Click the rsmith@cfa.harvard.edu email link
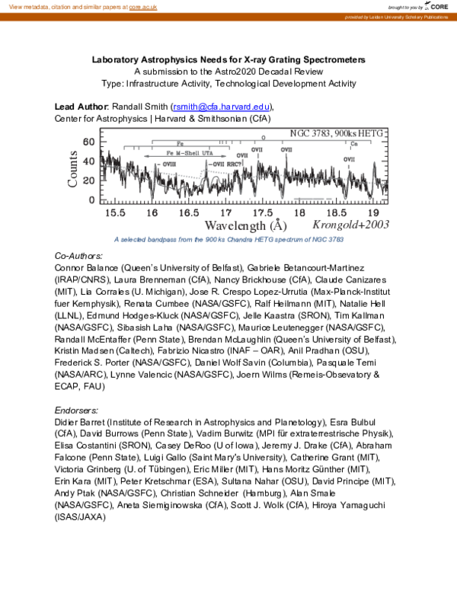pos(222,107)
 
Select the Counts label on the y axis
pos(74,169)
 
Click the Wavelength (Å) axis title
pos(246,225)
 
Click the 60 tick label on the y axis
pos(89,142)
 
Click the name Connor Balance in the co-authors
pos(86,269)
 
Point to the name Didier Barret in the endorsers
pos(82,422)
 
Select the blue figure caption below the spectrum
pos(228,239)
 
